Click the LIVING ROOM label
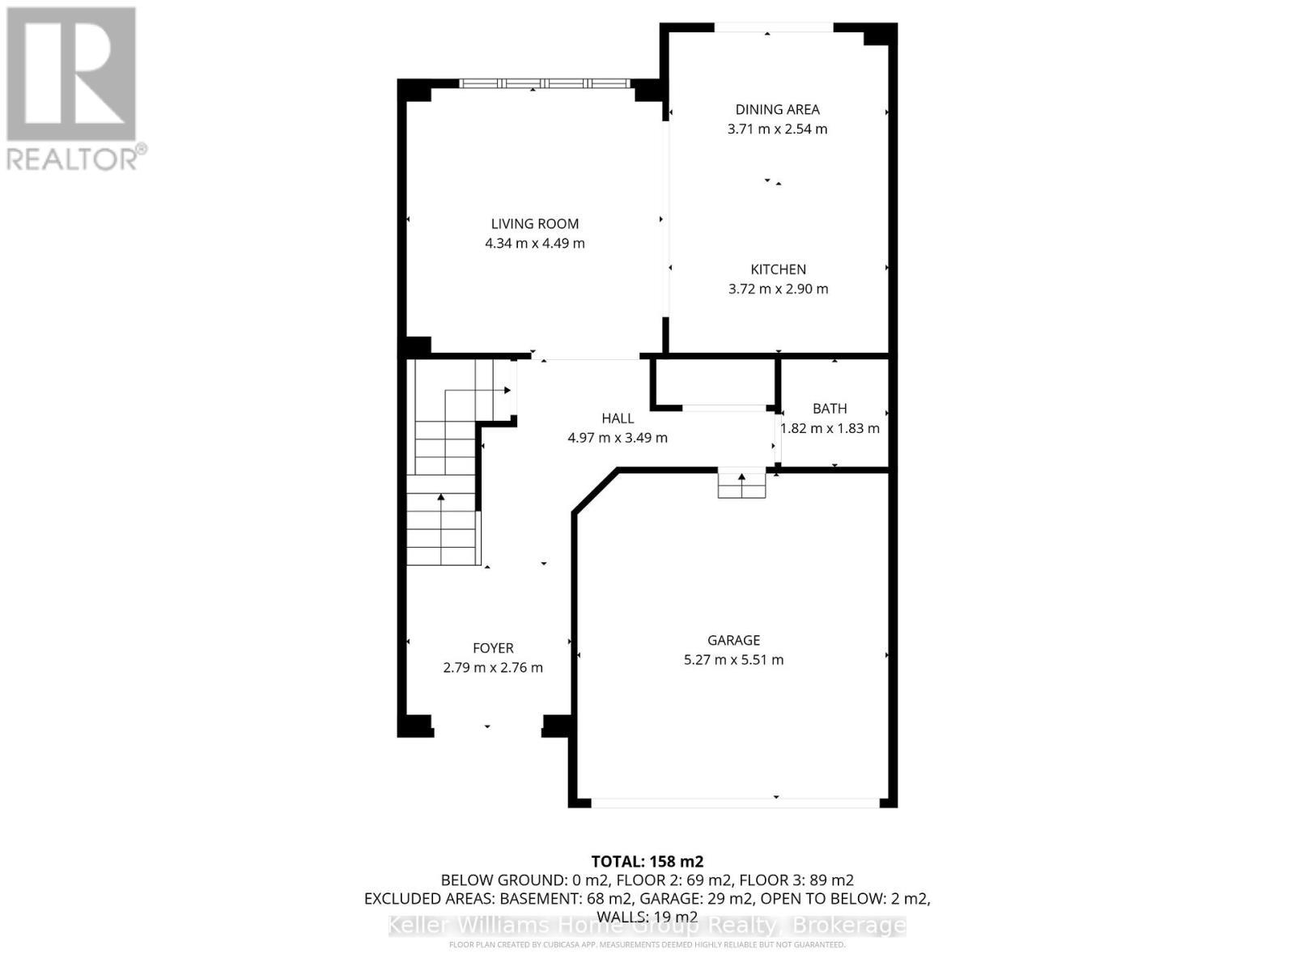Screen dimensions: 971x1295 pos(535,224)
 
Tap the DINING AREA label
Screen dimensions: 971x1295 pos(777,109)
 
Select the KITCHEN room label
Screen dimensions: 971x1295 pos(778,269)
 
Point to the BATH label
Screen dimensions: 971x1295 pos(830,409)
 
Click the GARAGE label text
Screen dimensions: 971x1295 pos(733,640)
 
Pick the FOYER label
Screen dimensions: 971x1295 pos(493,648)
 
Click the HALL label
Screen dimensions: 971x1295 pos(618,418)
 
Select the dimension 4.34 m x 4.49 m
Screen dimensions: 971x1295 pos(535,244)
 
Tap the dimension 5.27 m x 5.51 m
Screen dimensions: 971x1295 pos(733,659)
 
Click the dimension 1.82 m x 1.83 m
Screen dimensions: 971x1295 pos(830,428)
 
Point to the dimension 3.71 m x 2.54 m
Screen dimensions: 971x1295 pos(777,129)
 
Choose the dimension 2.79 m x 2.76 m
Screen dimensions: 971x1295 pos(493,668)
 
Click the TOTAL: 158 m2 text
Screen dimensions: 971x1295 pos(647,861)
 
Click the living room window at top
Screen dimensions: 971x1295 pos(544,83)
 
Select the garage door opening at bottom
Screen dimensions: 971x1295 pos(735,803)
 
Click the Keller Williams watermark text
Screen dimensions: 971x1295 pos(647,926)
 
